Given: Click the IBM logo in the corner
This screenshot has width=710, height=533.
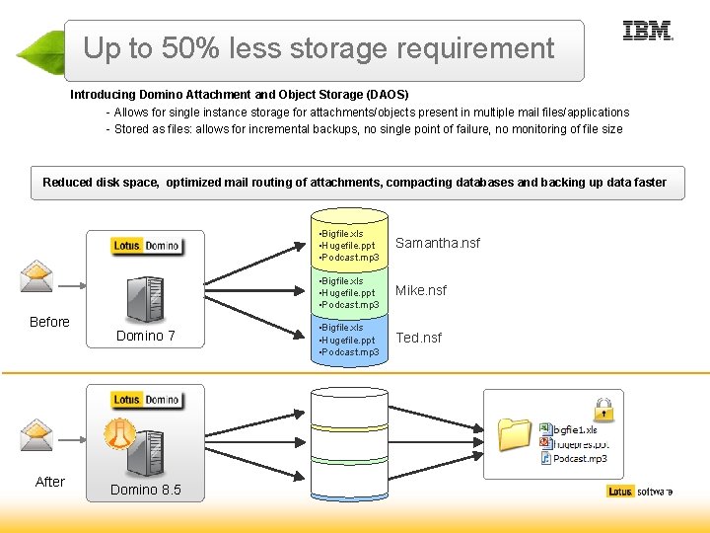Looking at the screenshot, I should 648,31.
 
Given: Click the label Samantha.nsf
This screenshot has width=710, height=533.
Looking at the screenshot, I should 438,243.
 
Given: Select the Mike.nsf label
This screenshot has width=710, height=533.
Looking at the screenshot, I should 421,290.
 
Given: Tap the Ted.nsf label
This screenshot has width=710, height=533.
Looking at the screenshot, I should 418,338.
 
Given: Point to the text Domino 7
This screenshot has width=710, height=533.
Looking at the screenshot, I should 146,336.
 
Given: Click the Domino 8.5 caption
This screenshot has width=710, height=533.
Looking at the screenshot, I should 146,490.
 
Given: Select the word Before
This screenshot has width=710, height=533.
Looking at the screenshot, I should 49,322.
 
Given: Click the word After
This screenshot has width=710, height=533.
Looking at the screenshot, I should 49,482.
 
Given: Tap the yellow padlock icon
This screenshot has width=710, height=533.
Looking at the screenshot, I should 603,409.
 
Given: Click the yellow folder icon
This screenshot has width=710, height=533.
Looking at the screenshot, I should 515,433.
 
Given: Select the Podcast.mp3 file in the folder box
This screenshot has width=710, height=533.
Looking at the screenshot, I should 580,458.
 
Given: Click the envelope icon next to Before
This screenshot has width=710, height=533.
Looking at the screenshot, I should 37,275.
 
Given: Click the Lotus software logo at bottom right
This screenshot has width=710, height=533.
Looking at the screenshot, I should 640,492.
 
